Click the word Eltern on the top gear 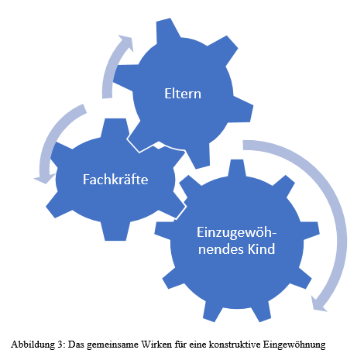click(183, 94)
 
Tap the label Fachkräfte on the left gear click(115, 179)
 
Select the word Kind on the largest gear click(261, 249)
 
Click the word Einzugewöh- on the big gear click(236, 233)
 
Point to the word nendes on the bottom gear click(221, 249)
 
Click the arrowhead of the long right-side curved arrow click(319, 303)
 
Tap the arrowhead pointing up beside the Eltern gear click(125, 43)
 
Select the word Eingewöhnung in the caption click(294, 345)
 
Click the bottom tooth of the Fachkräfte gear click(115, 231)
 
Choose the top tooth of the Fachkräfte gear click(115, 128)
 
